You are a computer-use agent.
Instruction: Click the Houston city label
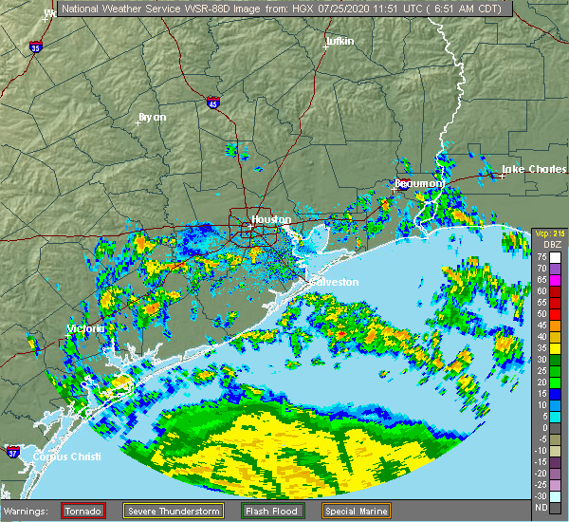point(271,219)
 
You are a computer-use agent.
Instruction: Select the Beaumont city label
point(420,182)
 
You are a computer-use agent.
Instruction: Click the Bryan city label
point(152,117)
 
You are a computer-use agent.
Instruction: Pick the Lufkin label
point(339,42)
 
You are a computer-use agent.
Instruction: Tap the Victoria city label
point(83,328)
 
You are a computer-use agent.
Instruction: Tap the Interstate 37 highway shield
point(12,450)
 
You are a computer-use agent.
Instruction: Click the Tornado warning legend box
point(83,511)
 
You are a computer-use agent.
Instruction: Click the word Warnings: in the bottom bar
point(30,511)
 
